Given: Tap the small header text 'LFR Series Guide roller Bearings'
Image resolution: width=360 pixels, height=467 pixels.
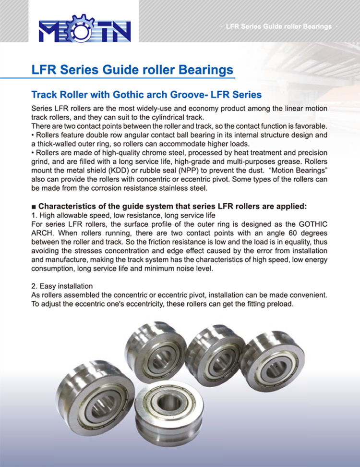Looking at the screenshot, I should pyautogui.click(x=278, y=26).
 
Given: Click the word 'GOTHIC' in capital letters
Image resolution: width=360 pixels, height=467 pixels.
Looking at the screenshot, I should pyautogui.click(x=308, y=224).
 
